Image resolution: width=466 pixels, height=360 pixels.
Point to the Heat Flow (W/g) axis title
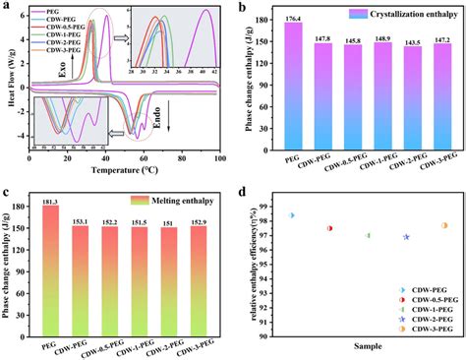pos(8,84)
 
